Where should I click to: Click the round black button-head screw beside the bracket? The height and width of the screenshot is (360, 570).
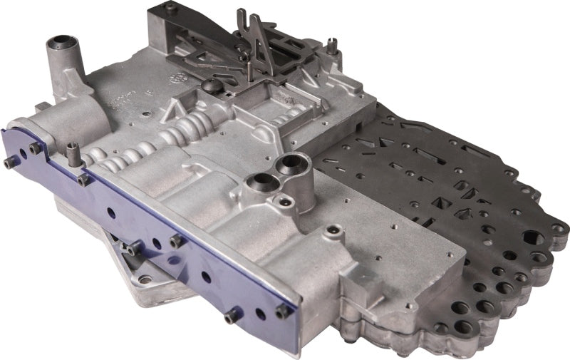tap(211, 86)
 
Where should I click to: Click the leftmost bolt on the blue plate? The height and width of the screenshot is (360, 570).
tap(9, 163)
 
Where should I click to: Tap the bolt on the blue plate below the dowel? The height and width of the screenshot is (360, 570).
tap(83, 180)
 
